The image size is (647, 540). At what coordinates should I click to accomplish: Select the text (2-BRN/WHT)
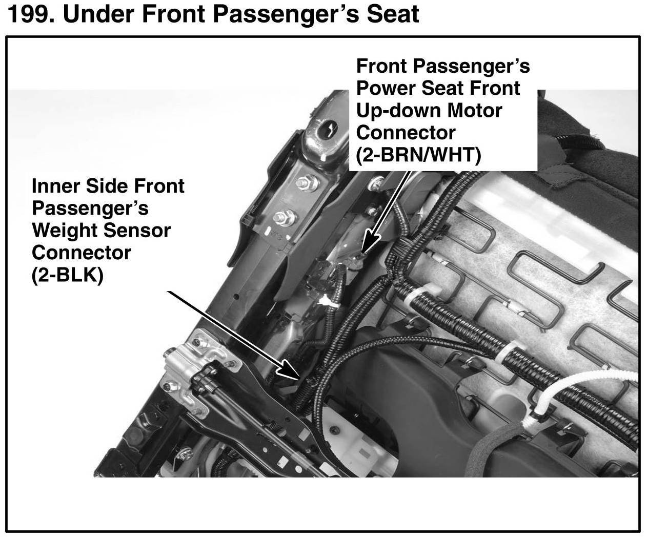(x=418, y=155)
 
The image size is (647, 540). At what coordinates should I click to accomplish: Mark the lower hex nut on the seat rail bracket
(x=284, y=218)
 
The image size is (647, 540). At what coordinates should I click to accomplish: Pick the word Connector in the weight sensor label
(x=82, y=253)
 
